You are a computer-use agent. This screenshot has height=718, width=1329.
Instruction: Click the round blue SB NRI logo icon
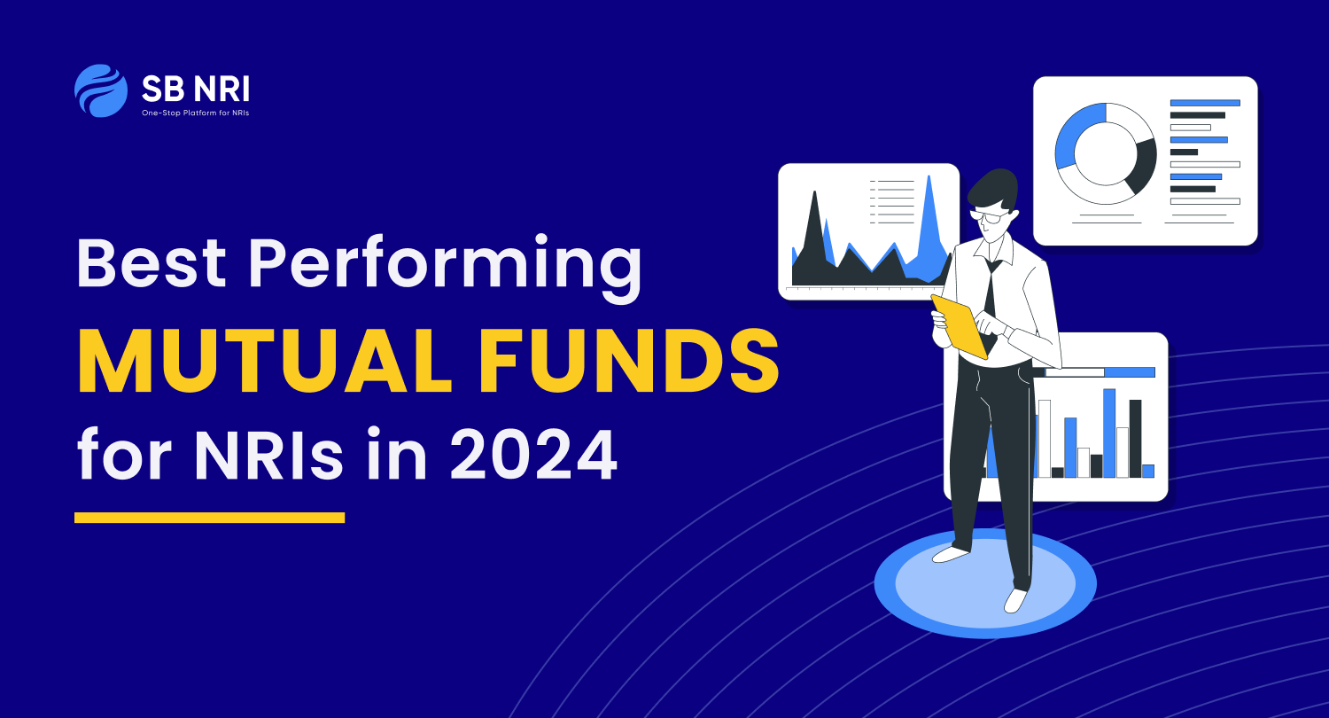[x=101, y=90]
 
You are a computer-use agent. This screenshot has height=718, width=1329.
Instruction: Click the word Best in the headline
[x=152, y=262]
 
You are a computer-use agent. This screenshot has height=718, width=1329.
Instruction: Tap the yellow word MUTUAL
[x=265, y=362]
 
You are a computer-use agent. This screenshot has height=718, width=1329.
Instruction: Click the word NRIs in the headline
[x=268, y=455]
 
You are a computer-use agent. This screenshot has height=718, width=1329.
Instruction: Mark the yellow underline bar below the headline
[x=209, y=518]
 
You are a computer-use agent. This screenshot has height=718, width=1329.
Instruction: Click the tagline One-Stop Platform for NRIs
[x=195, y=113]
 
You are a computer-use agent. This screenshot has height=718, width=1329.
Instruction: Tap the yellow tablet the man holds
[x=960, y=326]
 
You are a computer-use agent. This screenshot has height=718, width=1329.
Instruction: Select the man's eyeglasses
[x=990, y=216]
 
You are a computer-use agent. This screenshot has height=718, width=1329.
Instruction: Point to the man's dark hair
[x=994, y=189]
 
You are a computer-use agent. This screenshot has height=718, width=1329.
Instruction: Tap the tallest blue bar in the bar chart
[x=1109, y=433]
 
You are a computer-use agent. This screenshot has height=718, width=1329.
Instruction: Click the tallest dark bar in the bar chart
[x=1135, y=439]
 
